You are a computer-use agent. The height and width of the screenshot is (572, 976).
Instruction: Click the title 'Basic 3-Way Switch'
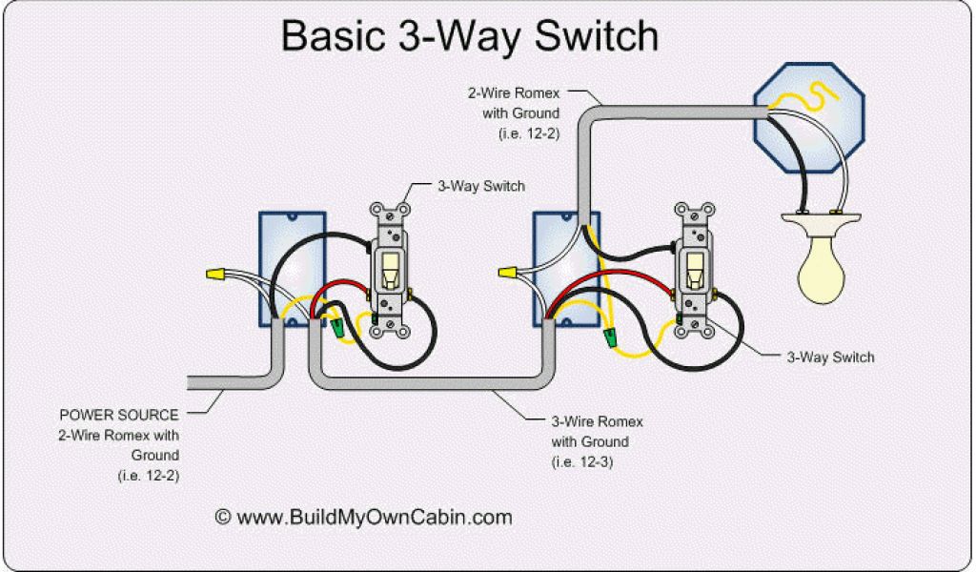click(469, 36)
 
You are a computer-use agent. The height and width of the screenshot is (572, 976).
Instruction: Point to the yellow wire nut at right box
click(509, 275)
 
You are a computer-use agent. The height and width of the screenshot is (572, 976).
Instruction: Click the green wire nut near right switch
click(612, 337)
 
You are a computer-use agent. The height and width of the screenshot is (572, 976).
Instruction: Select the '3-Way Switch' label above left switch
click(480, 187)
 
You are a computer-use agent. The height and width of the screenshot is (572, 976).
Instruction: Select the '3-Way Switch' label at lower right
click(830, 357)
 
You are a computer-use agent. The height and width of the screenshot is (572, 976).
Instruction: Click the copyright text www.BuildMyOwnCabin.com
click(363, 518)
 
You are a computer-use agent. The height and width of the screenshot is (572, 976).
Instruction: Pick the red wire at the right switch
click(620, 278)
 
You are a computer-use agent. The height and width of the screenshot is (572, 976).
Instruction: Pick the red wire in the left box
click(338, 289)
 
